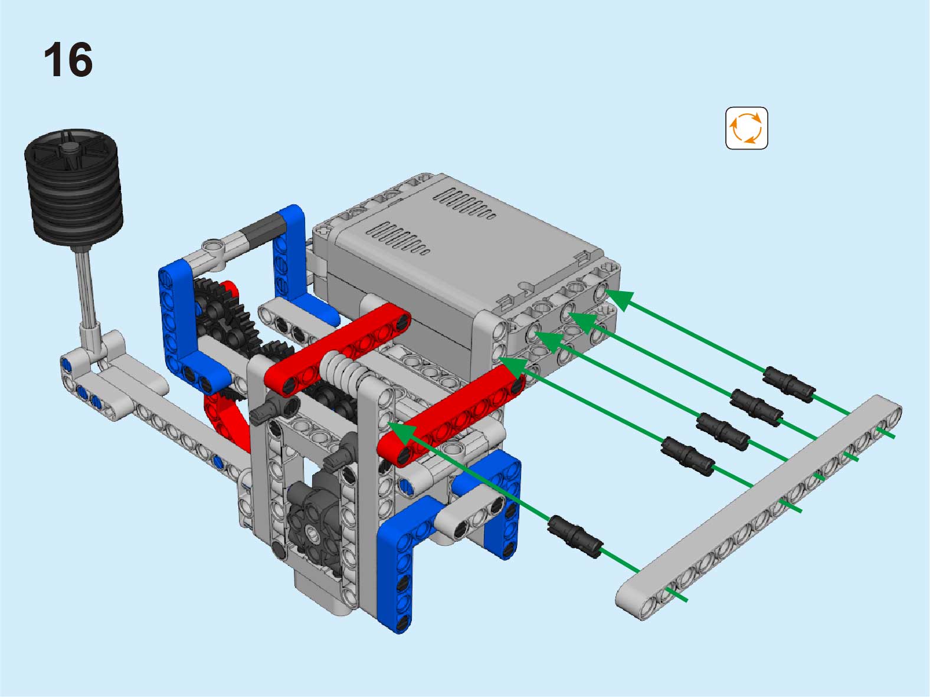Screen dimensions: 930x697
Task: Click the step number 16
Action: click(x=68, y=60)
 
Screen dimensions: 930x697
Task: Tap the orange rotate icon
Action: click(x=746, y=128)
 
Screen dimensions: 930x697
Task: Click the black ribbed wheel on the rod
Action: click(x=74, y=187)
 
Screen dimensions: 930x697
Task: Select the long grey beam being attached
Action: click(x=758, y=507)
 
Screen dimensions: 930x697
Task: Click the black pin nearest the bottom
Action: click(x=575, y=537)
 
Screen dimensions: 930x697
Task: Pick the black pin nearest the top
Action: click(x=789, y=385)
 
